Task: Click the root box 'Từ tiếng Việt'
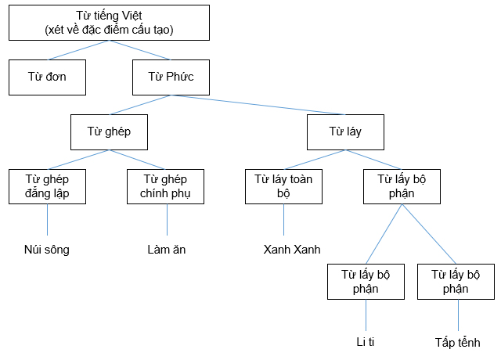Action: (110, 23)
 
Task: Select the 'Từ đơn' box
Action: (47, 77)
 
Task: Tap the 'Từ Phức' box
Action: (171, 77)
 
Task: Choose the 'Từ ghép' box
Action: (110, 132)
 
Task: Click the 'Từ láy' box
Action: (344, 132)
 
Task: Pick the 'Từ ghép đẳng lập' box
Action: (47, 186)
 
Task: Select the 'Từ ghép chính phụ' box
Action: (166, 186)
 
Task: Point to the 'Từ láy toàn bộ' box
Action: (283, 186)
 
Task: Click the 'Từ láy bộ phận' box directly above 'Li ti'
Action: (366, 282)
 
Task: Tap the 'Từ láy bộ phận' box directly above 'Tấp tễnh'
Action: (456, 282)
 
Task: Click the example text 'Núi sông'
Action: (47, 250)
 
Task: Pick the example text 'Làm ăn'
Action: (166, 250)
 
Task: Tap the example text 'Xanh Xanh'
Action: (292, 250)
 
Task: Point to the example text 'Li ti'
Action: (366, 343)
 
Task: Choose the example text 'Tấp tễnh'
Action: (457, 343)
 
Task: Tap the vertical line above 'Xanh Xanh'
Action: (283, 221)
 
